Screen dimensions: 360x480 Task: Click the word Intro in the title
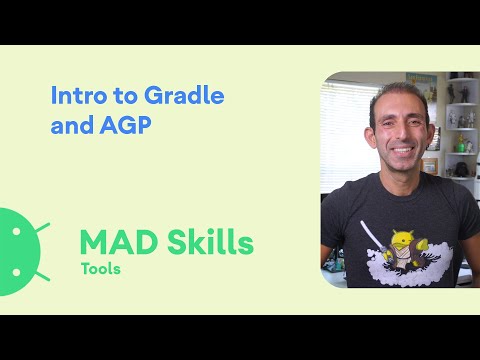click(x=76, y=97)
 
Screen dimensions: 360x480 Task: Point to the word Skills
click(x=208, y=242)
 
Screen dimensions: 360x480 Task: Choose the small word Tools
click(x=101, y=269)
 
